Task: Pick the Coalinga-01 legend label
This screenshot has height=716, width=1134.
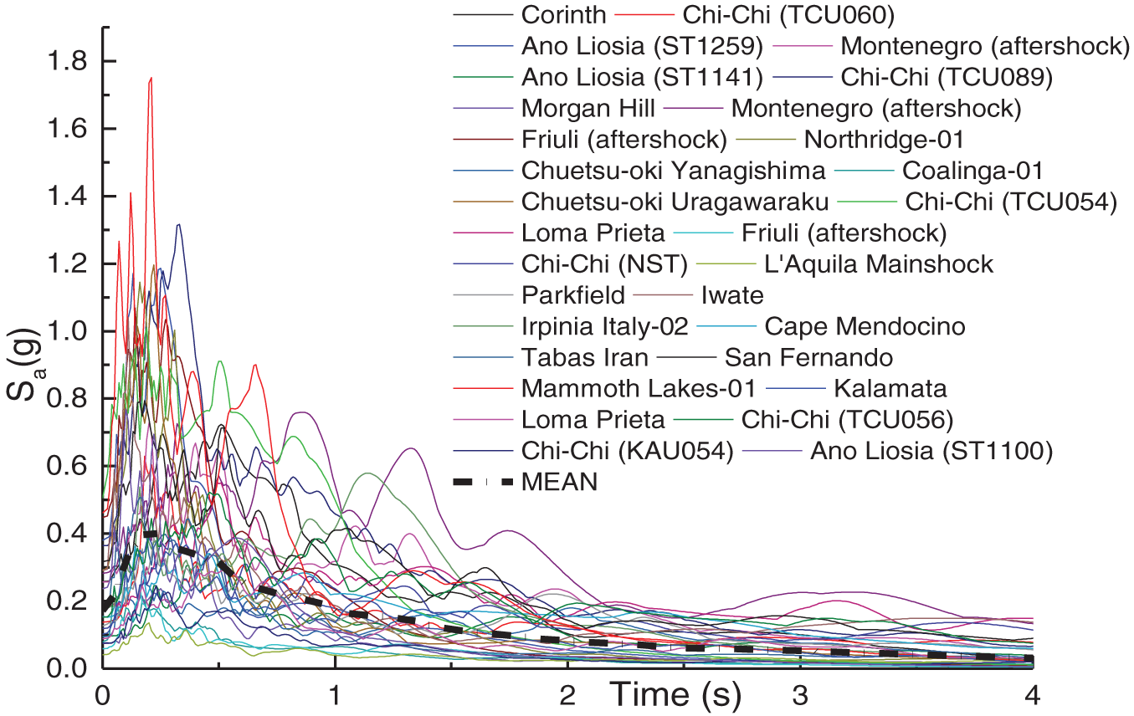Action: pyautogui.click(x=972, y=171)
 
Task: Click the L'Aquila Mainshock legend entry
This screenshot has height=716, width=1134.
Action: pyautogui.click(x=879, y=264)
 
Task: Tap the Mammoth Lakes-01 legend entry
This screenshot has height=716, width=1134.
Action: pyautogui.click(x=639, y=389)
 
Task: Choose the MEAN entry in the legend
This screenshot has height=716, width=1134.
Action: pyautogui.click(x=559, y=483)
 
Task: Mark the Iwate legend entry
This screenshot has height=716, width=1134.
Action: pyautogui.click(x=732, y=295)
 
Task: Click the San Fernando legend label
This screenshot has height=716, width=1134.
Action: pyautogui.click(x=808, y=358)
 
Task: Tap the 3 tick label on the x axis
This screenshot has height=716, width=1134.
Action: pyautogui.click(x=801, y=696)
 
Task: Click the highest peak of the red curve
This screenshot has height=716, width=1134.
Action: pyautogui.click(x=151, y=78)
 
